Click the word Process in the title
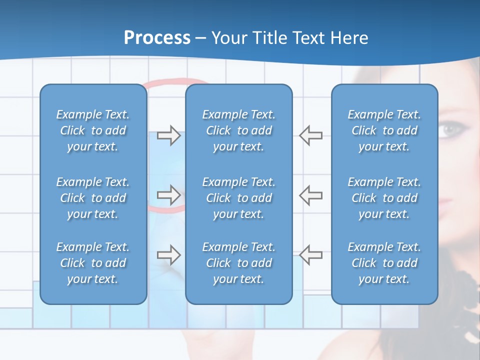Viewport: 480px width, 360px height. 157,38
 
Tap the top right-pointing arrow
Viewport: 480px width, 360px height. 168,135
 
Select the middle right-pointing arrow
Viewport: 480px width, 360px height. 168,195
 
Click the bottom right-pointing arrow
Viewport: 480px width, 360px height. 168,255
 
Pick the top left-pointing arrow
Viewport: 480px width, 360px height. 311,135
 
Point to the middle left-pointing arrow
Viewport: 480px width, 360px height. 311,195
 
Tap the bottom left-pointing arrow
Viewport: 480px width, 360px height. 311,255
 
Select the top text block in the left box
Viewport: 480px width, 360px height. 93,130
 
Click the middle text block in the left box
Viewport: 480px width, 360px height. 93,198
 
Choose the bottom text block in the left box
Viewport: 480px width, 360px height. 93,263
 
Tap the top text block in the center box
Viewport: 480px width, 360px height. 238,130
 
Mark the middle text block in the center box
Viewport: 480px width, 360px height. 238,198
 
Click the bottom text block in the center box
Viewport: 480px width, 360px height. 238,263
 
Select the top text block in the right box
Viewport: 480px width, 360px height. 384,130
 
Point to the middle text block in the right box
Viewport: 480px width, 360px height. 384,198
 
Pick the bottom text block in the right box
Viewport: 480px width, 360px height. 384,263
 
